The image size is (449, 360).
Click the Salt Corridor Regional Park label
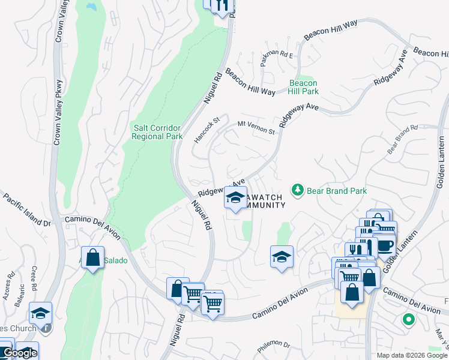(x=157, y=131)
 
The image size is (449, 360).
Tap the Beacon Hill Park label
(x=303, y=87)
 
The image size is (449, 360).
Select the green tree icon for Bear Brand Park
(x=297, y=190)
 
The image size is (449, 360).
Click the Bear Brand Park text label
(x=336, y=191)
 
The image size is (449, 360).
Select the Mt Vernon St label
(x=256, y=127)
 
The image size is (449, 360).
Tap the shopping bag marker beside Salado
(x=93, y=259)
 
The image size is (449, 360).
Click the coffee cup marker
(x=384, y=246)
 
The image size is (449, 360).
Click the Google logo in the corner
(x=19, y=353)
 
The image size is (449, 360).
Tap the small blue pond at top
(x=91, y=7)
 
